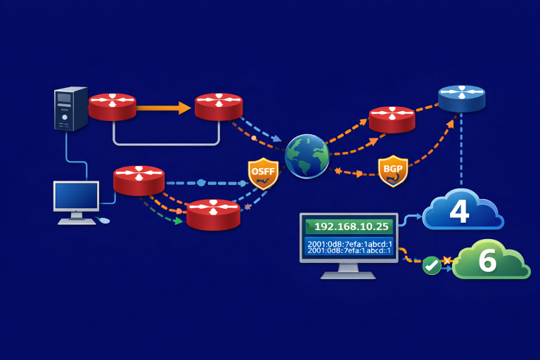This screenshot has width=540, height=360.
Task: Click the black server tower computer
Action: [71, 108]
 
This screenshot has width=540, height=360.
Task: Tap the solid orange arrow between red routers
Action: [164, 108]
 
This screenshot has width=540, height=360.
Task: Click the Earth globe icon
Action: [307, 155]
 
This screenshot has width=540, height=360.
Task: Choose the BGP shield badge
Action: [393, 171]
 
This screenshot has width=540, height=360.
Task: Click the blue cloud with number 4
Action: [461, 210]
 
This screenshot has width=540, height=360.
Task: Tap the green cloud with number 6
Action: [490, 260]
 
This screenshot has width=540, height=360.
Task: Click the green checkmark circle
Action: [431, 265]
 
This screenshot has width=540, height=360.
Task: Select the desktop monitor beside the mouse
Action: [77, 198]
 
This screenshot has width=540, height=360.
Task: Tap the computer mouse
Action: [104, 220]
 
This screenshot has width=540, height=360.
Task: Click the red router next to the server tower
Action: [112, 107]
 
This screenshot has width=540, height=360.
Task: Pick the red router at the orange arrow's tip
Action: [219, 107]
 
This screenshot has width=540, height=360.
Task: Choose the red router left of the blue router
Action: [392, 120]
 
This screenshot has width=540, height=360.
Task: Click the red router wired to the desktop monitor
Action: [139, 181]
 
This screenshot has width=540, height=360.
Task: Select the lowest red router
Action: [213, 214]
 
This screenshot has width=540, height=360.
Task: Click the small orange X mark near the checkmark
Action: [445, 260]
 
